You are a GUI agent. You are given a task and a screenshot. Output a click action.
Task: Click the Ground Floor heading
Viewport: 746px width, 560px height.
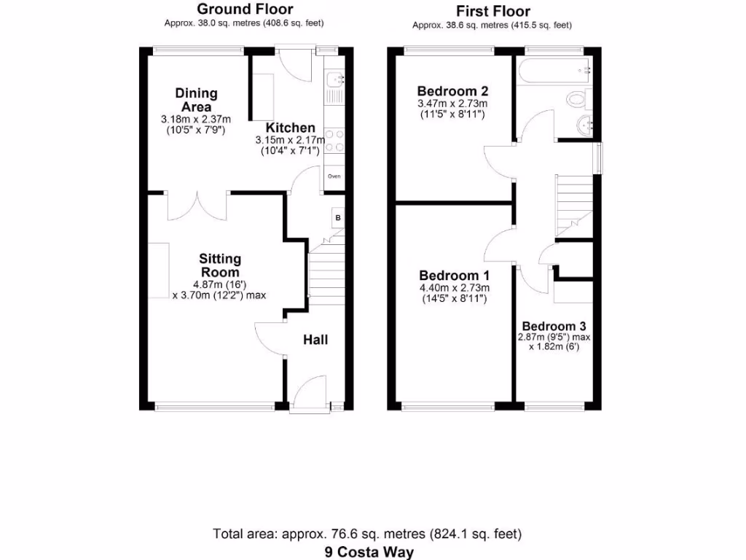(245, 9)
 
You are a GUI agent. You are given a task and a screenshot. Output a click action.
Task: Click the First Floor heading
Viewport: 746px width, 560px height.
(492, 11)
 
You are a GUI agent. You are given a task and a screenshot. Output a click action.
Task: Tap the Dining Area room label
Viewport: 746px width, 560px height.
(196, 100)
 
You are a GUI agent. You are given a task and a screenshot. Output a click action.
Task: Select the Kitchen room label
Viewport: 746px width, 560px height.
(290, 128)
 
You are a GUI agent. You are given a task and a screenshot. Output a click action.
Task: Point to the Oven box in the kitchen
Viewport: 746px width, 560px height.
(334, 176)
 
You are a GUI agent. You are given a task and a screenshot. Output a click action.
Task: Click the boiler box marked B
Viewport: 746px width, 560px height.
(338, 217)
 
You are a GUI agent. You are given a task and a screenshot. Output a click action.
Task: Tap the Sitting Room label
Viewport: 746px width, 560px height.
(220, 265)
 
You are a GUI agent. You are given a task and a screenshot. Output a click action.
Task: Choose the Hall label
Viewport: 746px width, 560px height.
(315, 340)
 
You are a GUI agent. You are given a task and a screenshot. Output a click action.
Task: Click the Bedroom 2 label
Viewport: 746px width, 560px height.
(452, 91)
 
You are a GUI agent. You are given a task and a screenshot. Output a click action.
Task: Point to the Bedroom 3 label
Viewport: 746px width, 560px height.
(554, 326)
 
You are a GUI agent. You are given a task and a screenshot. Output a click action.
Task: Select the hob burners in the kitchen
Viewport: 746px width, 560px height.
(334, 141)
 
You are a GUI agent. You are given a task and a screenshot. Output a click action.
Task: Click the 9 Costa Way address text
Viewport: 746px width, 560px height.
(369, 552)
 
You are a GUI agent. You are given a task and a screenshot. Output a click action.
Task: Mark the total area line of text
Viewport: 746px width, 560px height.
(367, 534)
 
